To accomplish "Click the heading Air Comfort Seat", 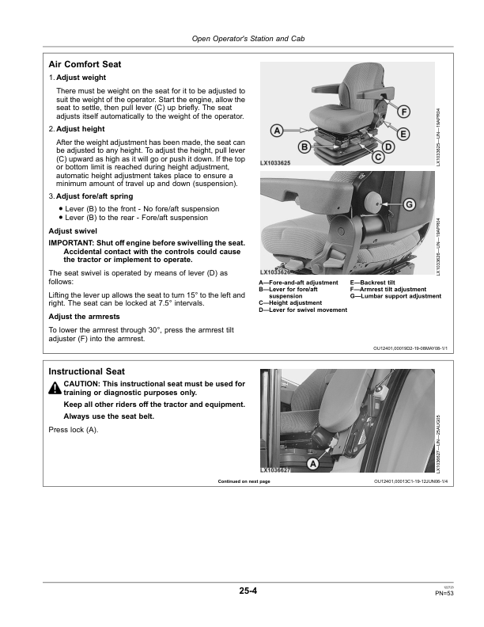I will pyautogui.click(x=85, y=63).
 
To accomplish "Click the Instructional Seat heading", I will pyautogui.click(x=86, y=370).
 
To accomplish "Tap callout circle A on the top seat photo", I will pyautogui.click(x=277, y=130).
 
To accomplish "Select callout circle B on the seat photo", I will pyautogui.click(x=304, y=146).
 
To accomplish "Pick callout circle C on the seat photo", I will pyautogui.click(x=378, y=158).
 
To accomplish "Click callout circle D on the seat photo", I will pyautogui.click(x=388, y=147).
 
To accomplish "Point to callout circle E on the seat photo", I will pyautogui.click(x=403, y=134).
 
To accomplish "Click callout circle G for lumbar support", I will pyautogui.click(x=409, y=205).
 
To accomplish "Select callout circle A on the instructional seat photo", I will pyautogui.click(x=312, y=463).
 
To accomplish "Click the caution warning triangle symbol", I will pyautogui.click(x=55, y=388).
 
